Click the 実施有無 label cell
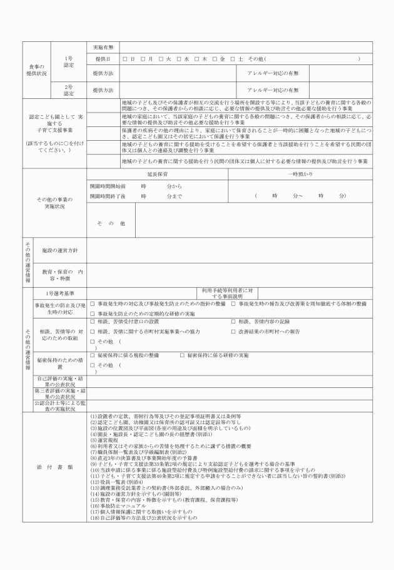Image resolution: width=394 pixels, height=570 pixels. point(103,48)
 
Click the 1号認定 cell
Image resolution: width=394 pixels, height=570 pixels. point(69,61)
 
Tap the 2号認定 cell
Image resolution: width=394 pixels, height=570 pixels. point(69,90)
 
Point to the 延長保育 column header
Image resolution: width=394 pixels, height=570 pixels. point(157,174)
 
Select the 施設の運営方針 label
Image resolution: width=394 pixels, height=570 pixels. point(59,250)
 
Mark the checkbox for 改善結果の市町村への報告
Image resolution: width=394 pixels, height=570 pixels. point(233,330)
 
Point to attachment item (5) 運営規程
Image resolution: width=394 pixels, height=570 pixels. point(108,440)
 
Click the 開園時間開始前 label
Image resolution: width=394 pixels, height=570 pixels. point(108,186)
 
